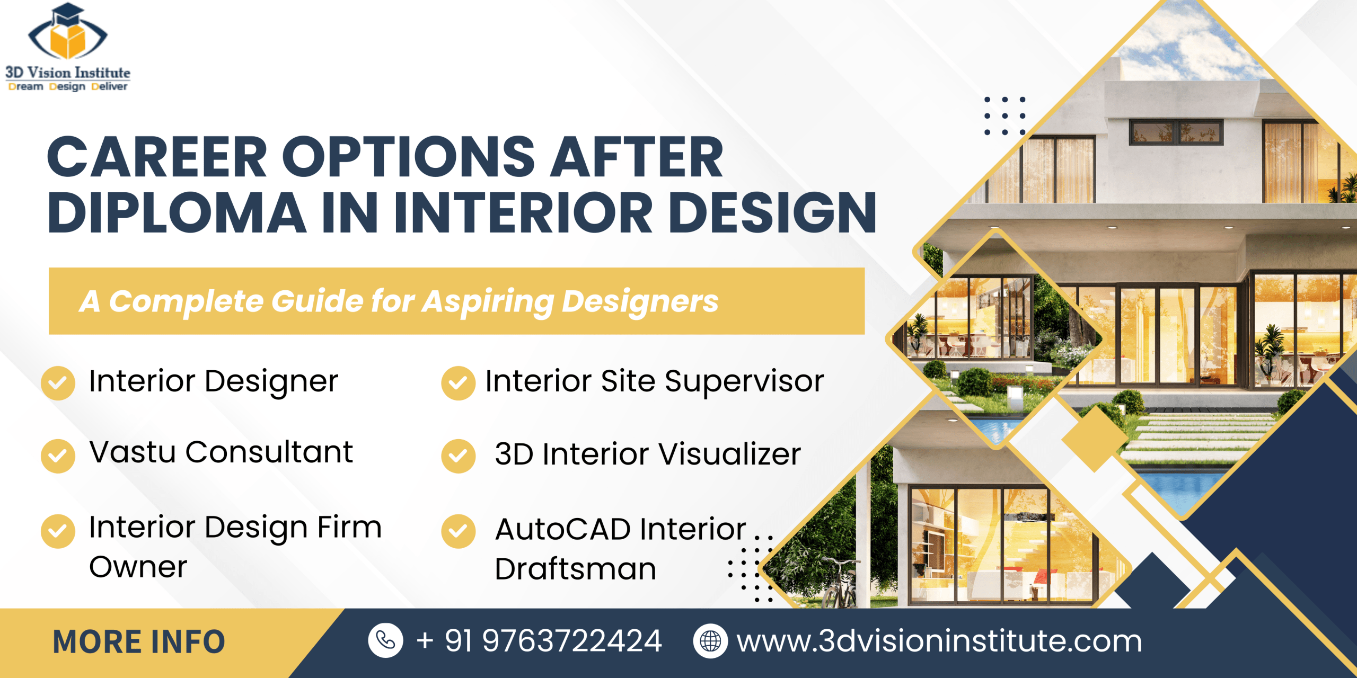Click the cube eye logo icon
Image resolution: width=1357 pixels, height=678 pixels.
67,35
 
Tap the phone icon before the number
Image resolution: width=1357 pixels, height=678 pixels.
385,641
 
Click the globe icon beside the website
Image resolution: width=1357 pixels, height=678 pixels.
710,641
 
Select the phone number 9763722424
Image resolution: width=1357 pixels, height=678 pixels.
571,641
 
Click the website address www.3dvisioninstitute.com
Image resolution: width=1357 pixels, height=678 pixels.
939,641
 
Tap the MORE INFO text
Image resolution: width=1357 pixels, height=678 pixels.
139,642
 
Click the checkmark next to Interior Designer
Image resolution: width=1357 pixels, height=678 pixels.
58,383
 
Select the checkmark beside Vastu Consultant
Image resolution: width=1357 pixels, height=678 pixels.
58,456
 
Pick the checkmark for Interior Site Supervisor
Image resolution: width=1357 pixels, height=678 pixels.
458,383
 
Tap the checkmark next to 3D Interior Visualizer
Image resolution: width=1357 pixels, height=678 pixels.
458,456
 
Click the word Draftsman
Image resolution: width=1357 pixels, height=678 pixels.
575,569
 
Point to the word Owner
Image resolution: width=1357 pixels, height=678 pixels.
138,567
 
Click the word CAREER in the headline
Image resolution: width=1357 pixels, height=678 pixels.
157,157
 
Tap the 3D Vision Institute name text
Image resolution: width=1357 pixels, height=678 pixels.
67,73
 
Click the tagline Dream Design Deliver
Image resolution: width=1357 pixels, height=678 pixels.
67,86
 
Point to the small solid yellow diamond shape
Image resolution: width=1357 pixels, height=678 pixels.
1094,438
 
